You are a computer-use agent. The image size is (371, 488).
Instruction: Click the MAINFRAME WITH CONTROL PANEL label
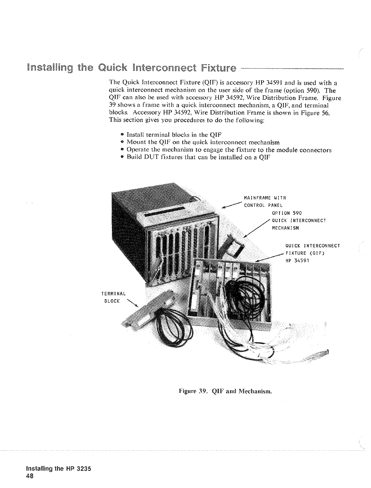pyautogui.click(x=265, y=201)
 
